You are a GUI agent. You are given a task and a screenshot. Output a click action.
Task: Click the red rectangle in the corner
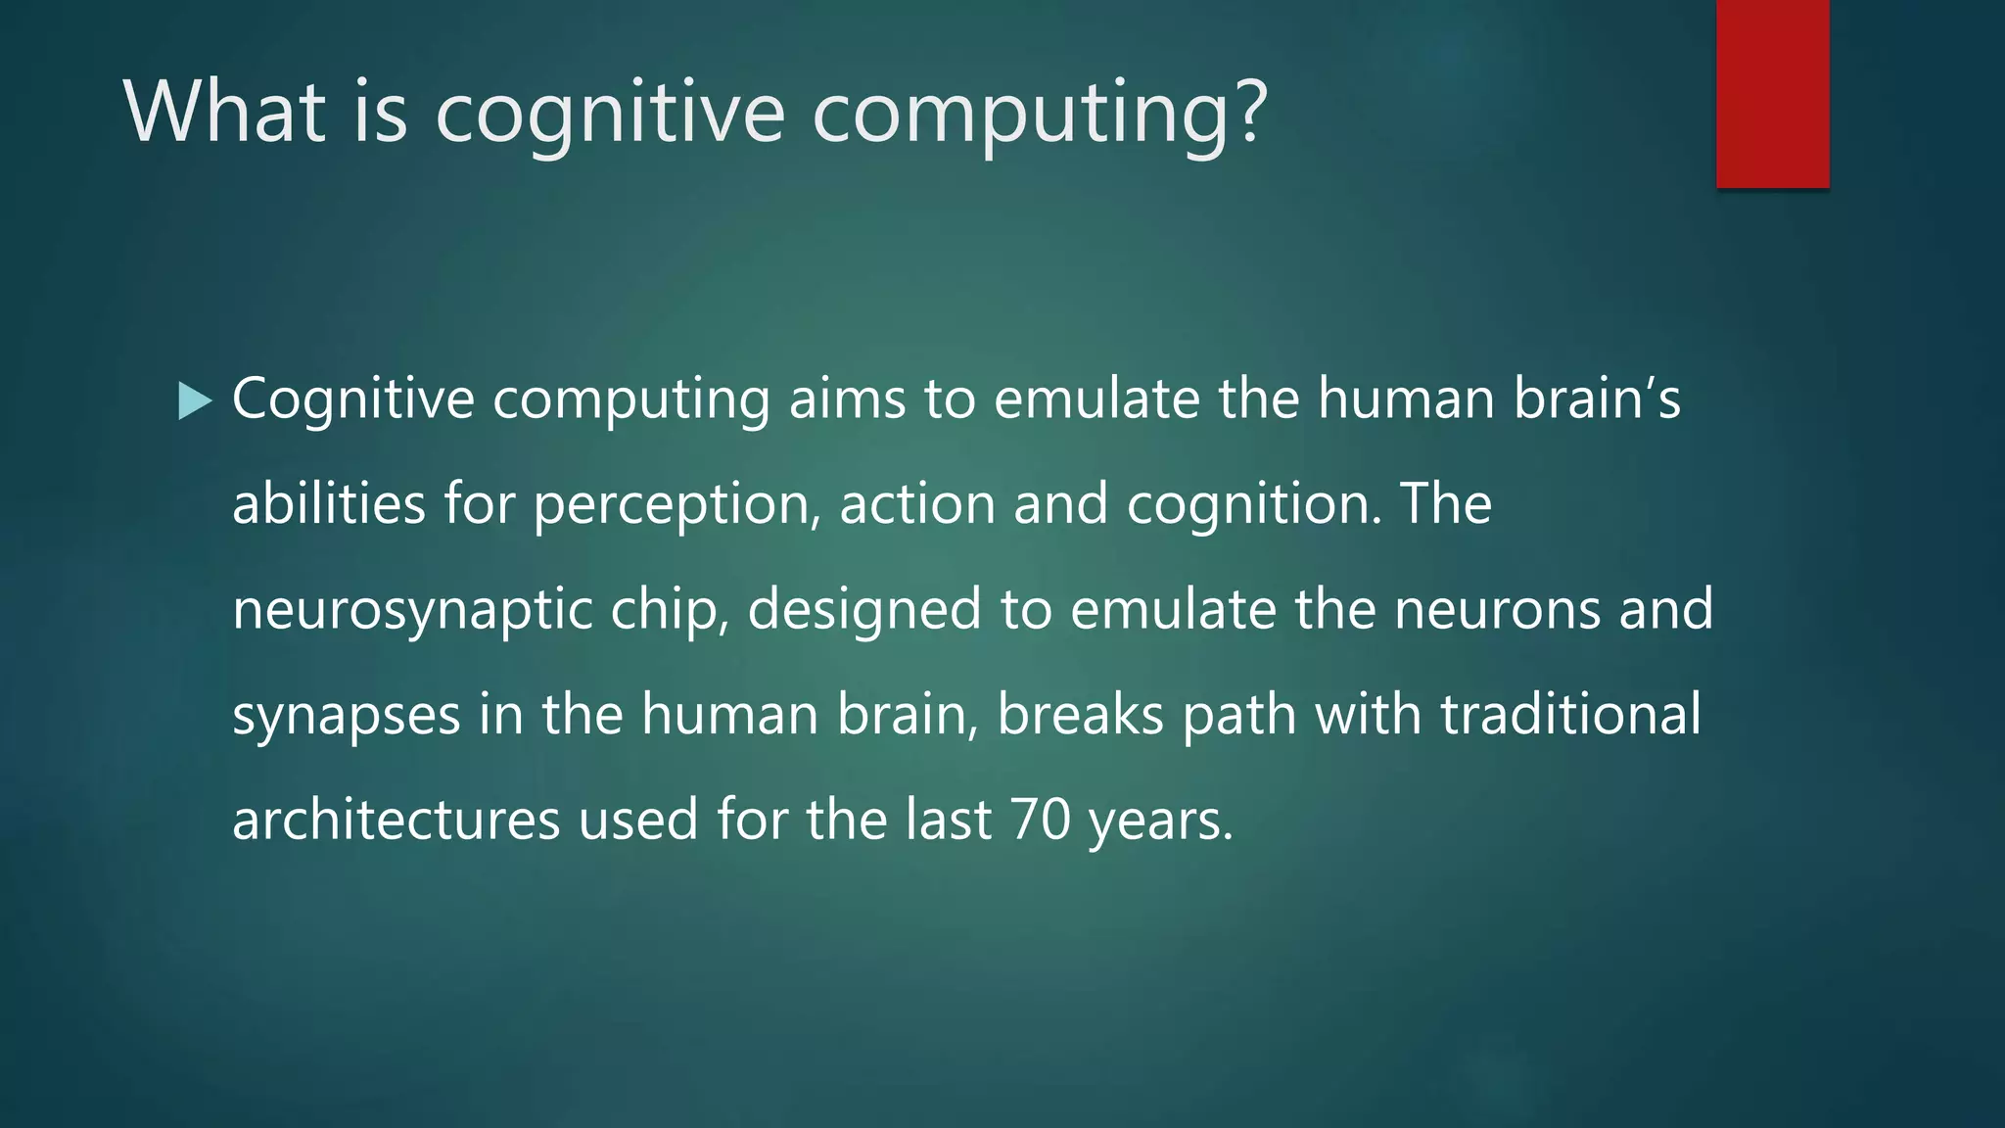coord(1772,93)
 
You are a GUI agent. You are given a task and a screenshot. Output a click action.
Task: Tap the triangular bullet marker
coord(195,401)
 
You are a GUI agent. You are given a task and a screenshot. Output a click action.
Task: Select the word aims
coord(847,399)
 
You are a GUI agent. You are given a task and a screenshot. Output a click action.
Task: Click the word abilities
coord(329,504)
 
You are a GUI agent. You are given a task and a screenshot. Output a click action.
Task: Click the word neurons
coord(1497,609)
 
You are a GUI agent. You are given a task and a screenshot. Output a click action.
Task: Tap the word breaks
coord(1080,714)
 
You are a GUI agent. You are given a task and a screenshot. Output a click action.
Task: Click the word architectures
coord(396,820)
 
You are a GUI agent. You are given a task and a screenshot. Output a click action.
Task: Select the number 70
coord(1040,820)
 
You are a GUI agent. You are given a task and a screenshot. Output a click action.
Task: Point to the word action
coord(917,504)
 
